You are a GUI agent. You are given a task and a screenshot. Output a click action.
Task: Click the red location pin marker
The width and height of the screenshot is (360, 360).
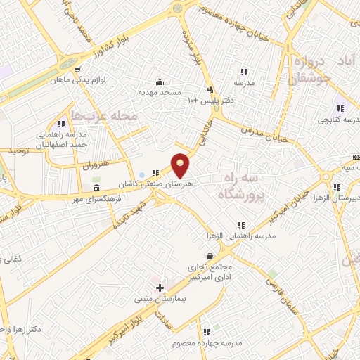181,165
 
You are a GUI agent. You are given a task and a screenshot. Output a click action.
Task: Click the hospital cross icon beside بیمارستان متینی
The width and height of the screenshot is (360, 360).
160,287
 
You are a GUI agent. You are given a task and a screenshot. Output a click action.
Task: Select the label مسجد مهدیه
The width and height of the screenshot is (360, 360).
160,92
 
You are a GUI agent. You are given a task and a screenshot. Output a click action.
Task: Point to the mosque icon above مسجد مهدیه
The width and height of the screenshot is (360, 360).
160,82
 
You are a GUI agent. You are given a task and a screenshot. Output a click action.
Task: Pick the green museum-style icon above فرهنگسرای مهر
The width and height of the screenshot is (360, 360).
96,188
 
